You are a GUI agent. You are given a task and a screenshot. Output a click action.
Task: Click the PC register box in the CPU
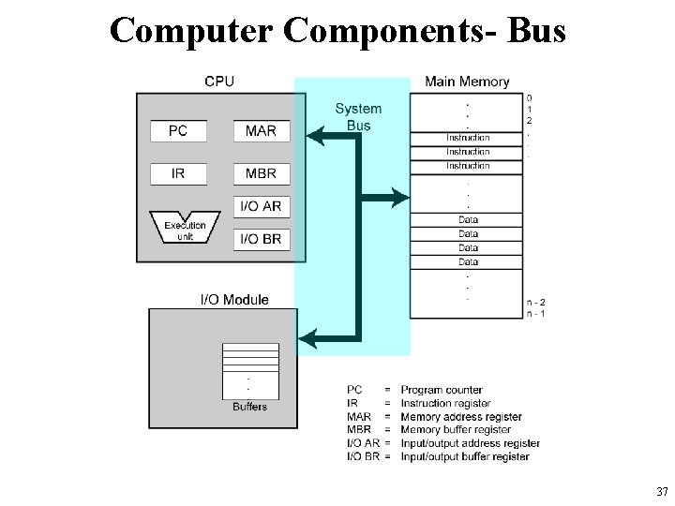178,130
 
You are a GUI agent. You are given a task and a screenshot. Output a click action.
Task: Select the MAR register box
261,130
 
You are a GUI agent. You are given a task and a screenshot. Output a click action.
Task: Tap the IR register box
178,173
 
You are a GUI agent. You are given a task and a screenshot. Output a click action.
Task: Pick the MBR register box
261,173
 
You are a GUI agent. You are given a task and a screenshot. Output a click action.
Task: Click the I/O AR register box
261,206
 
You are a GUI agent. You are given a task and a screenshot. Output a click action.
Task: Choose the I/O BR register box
261,239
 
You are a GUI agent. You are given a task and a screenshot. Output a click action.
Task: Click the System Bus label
358,117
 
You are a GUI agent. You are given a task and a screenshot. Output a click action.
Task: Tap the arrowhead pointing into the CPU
316,137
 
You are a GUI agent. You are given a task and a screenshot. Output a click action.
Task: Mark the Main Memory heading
467,82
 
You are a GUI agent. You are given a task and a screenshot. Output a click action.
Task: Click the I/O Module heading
234,300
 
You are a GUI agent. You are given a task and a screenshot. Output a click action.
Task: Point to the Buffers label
249,407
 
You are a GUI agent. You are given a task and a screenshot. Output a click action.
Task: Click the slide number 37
663,492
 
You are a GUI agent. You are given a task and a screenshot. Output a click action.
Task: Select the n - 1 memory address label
536,313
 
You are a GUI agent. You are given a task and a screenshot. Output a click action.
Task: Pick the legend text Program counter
442,390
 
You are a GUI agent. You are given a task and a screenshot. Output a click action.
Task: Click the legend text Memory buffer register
456,430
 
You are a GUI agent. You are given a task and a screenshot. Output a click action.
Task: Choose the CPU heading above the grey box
219,82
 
